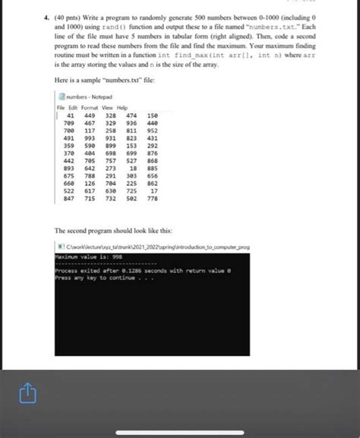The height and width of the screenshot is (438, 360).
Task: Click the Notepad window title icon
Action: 62,98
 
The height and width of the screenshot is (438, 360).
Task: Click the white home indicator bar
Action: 180,433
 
